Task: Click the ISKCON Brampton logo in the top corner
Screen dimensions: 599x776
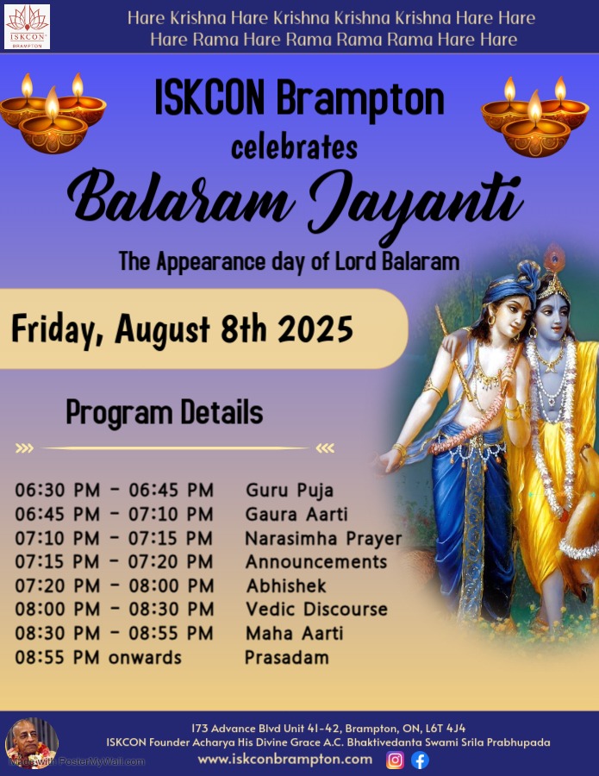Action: pyautogui.click(x=28, y=26)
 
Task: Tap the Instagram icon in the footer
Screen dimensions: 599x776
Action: pyautogui.click(x=395, y=760)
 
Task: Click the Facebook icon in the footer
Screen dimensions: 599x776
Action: pyautogui.click(x=420, y=760)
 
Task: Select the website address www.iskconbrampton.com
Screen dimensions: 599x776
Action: pyautogui.click(x=285, y=759)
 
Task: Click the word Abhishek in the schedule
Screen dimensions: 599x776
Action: pyautogui.click(x=286, y=586)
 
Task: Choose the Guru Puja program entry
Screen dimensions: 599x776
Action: pyautogui.click(x=290, y=491)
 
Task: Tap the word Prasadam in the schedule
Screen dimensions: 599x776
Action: pyautogui.click(x=287, y=658)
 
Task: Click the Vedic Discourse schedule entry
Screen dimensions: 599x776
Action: pyautogui.click(x=316, y=610)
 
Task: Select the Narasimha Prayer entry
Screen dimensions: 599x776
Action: pyautogui.click(x=323, y=538)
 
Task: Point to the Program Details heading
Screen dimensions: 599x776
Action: pyautogui.click(x=165, y=413)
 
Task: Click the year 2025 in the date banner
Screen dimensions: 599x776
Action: pyautogui.click(x=315, y=329)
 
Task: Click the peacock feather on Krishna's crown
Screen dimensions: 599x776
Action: pyautogui.click(x=553, y=258)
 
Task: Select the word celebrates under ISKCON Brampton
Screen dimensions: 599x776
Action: pyautogui.click(x=294, y=147)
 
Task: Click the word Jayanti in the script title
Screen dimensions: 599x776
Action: pyautogui.click(x=415, y=200)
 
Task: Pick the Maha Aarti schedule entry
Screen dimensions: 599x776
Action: pyautogui.click(x=294, y=634)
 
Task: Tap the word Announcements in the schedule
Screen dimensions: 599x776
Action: pyautogui.click(x=316, y=562)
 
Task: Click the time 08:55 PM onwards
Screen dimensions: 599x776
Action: pyautogui.click(x=98, y=658)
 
